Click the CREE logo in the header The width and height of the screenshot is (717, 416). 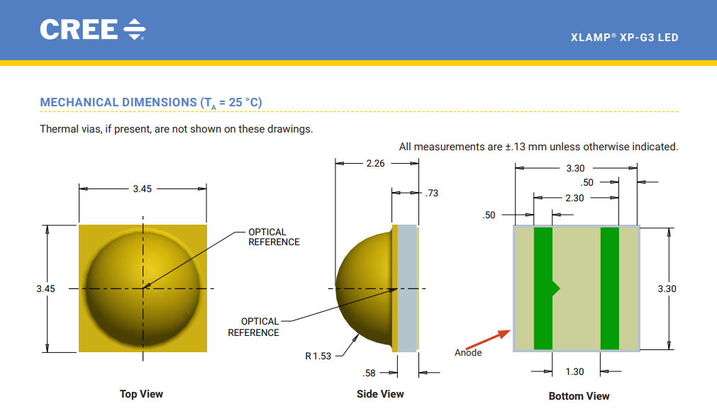pyautogui.click(x=93, y=29)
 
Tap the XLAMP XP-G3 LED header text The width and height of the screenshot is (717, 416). pyautogui.click(x=624, y=38)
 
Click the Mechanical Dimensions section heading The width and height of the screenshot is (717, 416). pyautogui.click(x=151, y=102)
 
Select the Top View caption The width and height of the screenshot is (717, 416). pyautogui.click(x=141, y=394)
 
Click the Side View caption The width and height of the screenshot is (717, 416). pyautogui.click(x=380, y=394)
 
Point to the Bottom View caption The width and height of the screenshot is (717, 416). pyautogui.click(x=579, y=396)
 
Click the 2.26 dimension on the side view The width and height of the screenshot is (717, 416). pyautogui.click(x=375, y=163)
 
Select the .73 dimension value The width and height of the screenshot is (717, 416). pyautogui.click(x=432, y=193)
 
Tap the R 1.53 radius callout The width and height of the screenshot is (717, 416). pyautogui.click(x=318, y=356)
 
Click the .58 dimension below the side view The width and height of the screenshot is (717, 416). pyautogui.click(x=369, y=373)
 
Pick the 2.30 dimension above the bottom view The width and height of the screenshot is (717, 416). pyautogui.click(x=574, y=198)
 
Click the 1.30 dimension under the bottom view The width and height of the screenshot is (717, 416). pyautogui.click(x=574, y=371)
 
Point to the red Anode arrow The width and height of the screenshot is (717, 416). pyautogui.click(x=488, y=339)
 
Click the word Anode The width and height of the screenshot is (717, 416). pyautogui.click(x=468, y=352)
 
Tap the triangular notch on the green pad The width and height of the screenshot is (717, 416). pyautogui.click(x=556, y=288)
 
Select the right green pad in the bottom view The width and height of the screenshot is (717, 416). pyautogui.click(x=609, y=288)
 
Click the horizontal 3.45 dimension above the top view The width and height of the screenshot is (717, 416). pyautogui.click(x=143, y=189)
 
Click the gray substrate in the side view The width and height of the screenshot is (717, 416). pyautogui.click(x=406, y=288)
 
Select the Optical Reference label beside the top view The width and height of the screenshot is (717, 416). pyautogui.click(x=274, y=237)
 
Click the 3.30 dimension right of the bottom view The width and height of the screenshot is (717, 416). pyautogui.click(x=667, y=288)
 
